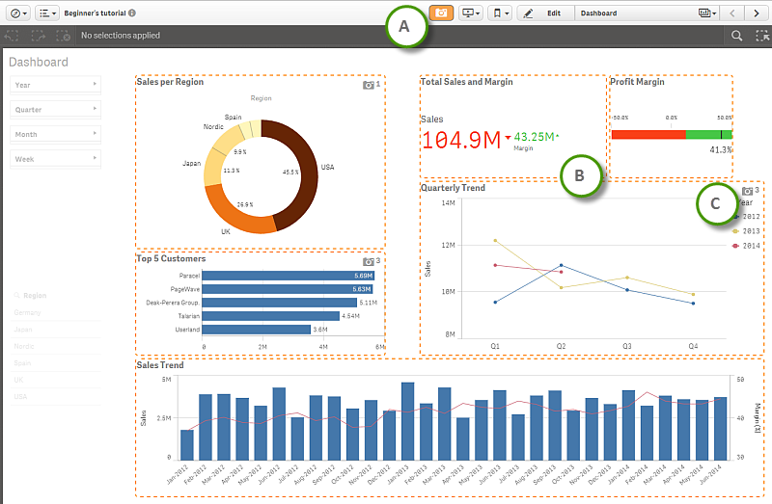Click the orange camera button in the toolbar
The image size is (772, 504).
441,13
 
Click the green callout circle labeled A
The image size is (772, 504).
406,28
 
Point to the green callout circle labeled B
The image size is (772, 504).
579,175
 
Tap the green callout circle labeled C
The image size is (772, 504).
715,203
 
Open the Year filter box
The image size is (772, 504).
56,85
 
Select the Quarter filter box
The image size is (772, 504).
56,110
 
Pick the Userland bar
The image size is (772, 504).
257,329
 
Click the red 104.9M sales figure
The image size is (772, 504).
460,140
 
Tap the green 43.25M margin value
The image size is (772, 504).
535,137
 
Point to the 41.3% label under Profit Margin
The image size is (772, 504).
720,150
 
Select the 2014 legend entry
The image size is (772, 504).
749,246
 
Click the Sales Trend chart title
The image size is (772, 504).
160,366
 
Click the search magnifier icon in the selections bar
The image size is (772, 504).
736,36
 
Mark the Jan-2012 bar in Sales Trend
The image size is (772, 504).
186,444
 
